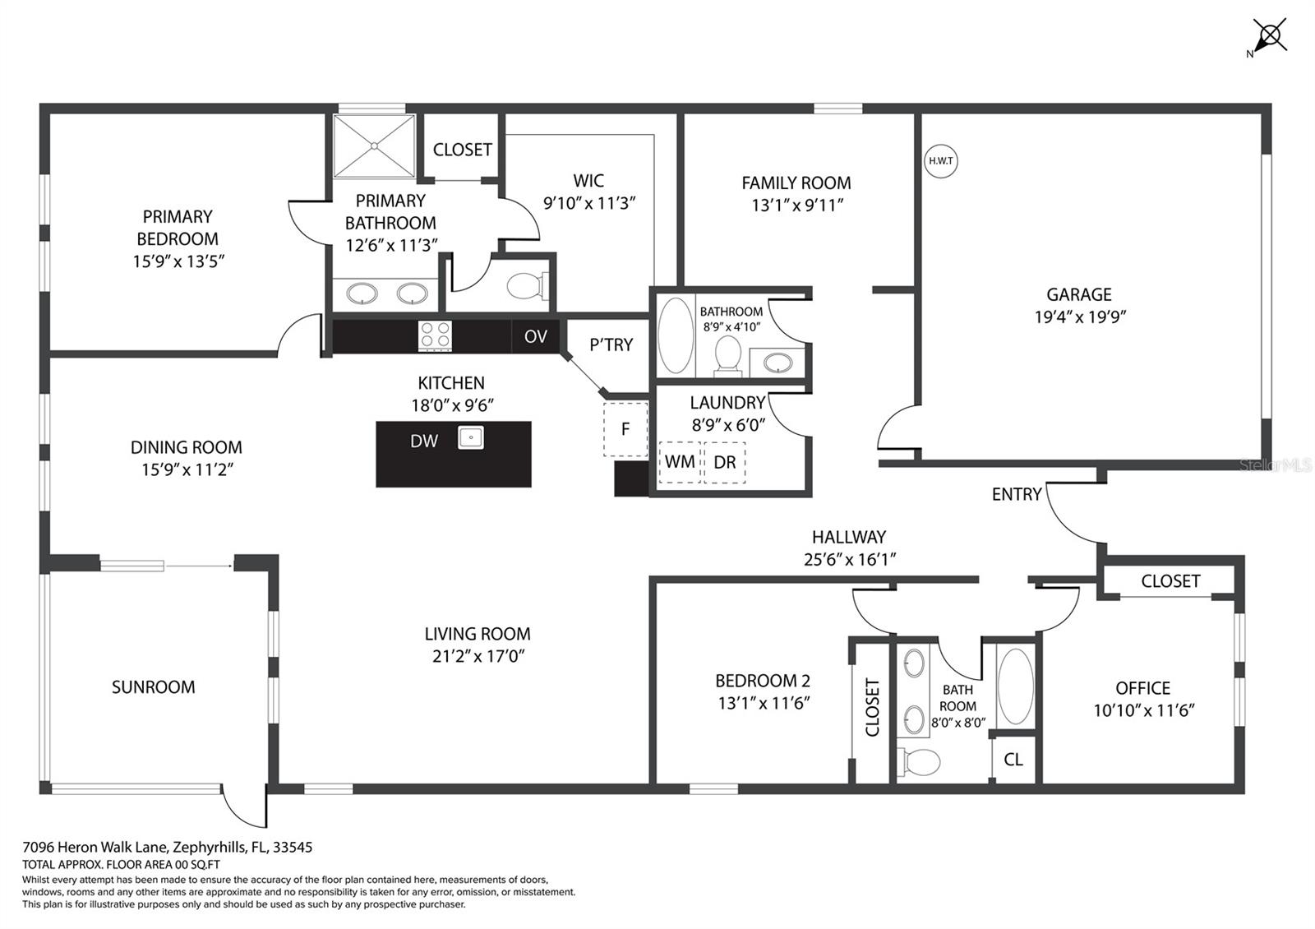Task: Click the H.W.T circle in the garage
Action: pos(940,161)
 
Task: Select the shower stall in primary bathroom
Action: pos(374,146)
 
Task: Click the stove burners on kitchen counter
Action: pos(436,335)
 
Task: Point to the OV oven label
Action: pos(535,336)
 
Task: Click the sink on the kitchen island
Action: pos(470,437)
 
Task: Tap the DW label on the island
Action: pos(424,441)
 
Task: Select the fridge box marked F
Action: pos(625,428)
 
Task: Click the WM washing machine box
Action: pos(679,462)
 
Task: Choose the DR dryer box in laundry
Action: pos(725,462)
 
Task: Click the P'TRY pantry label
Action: pos(611,345)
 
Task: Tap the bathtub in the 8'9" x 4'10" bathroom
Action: pos(676,335)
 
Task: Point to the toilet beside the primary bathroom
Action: pos(524,286)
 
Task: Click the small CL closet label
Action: pos(1013,760)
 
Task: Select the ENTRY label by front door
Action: pos(1016,494)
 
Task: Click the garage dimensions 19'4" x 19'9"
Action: pos(1079,317)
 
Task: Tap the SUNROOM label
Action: pos(154,687)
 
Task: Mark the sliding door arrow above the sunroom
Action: pos(198,566)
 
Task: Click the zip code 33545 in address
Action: pos(293,847)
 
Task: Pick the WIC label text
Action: pos(588,181)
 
